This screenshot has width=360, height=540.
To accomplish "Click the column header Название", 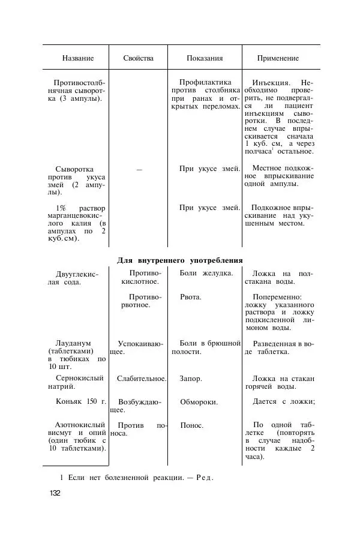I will tap(78, 58).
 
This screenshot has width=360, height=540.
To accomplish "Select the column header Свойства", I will tap(138, 58).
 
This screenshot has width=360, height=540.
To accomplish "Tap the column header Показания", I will tap(205, 58).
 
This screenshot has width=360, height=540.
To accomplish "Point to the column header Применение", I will tap(278, 58).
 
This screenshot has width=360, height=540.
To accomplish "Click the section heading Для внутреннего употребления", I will tap(179, 260).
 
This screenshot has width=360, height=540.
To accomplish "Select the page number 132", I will tap(55, 493).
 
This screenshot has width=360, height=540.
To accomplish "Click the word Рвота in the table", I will tap(191, 296).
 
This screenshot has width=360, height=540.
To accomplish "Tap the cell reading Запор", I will tap(191, 379).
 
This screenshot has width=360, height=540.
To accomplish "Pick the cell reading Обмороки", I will tap(199, 401).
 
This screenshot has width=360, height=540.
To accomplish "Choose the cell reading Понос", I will tap(191, 425).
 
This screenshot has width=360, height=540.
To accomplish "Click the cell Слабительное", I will tap(142, 379).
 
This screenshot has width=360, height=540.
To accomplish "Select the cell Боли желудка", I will tap(206, 274).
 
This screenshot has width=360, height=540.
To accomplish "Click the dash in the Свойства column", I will tap(139, 170).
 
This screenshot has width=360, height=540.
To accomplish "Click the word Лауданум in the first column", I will tap(74, 343).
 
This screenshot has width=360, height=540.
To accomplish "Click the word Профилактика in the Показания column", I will tap(206, 82).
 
